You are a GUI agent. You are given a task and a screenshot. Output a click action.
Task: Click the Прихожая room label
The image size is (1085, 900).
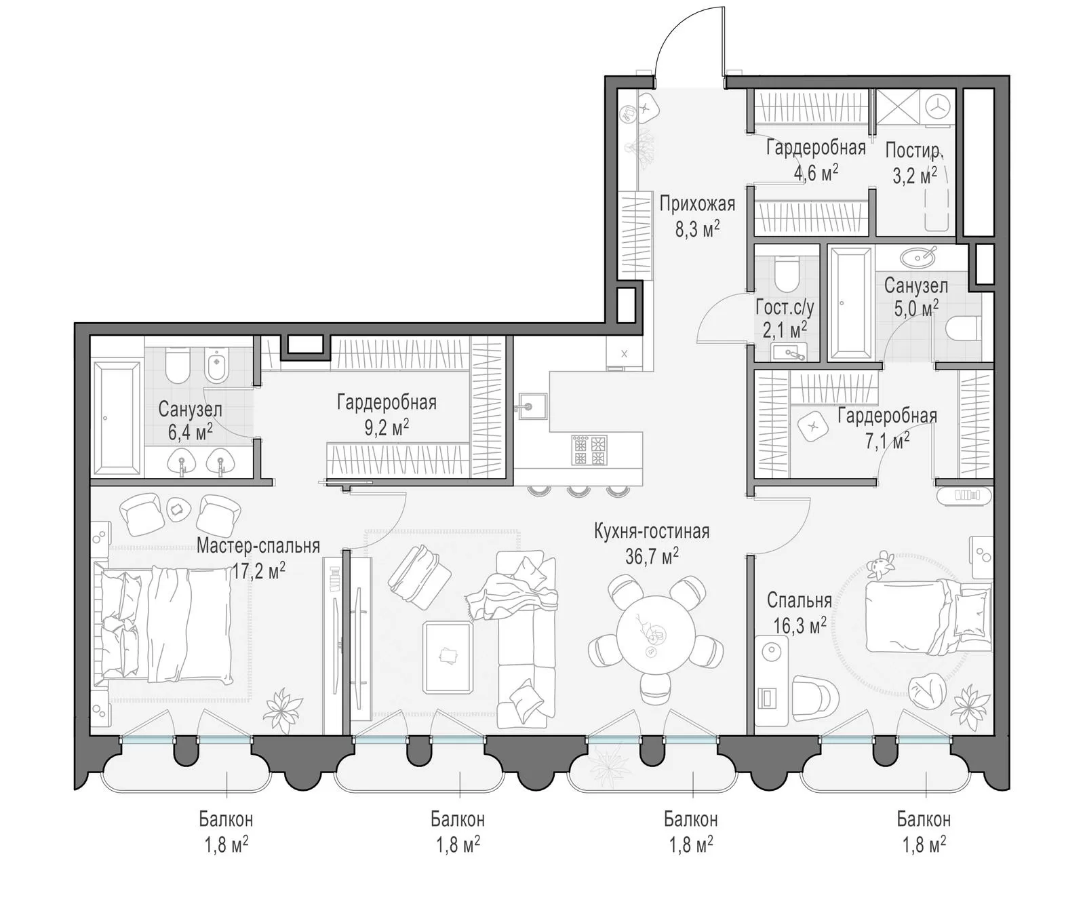click(x=697, y=203)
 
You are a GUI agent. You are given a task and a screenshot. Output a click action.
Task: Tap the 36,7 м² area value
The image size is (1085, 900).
click(x=652, y=556)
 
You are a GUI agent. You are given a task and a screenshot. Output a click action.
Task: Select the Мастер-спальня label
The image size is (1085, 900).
click(x=258, y=546)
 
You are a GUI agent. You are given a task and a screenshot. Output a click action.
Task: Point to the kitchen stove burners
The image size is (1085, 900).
click(x=590, y=450)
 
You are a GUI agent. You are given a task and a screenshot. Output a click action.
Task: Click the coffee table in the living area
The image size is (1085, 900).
click(x=448, y=657)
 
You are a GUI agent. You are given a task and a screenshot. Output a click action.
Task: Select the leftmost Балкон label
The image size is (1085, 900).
click(x=226, y=819)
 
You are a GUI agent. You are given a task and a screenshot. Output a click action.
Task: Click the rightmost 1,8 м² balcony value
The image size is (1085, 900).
click(x=924, y=845)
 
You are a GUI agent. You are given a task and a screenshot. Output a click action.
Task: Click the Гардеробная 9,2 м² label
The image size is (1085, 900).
click(x=387, y=414)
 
